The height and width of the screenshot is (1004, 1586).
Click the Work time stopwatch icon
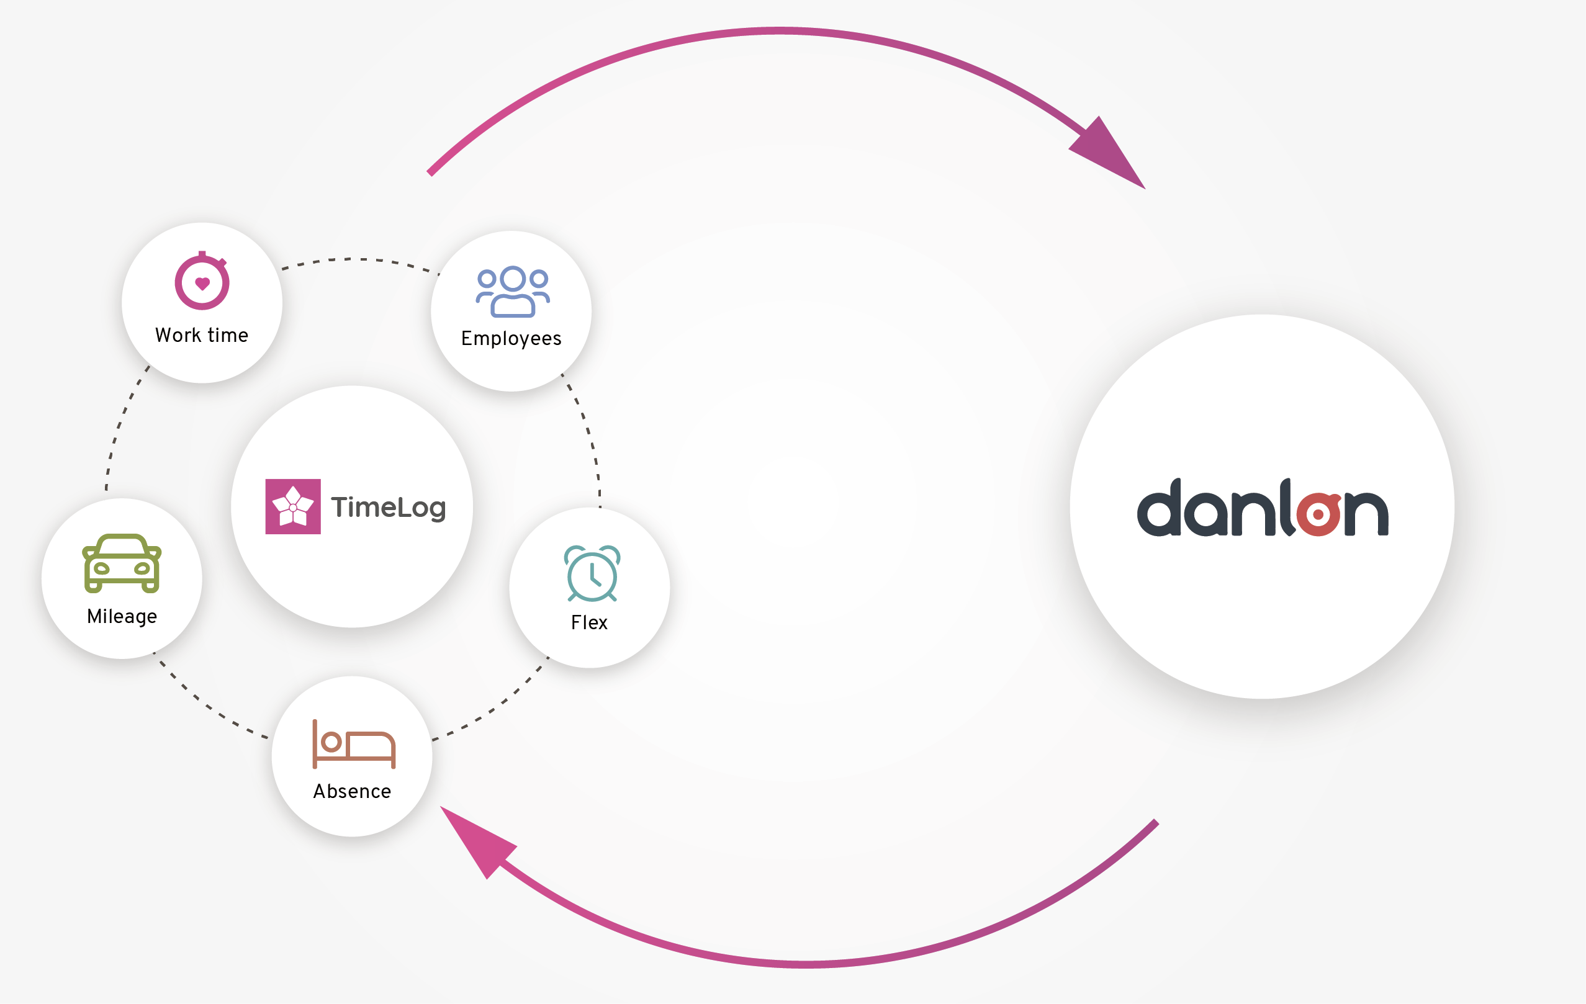click(202, 281)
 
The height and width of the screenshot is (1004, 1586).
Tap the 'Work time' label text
click(202, 335)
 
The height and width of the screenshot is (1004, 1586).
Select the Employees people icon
click(512, 292)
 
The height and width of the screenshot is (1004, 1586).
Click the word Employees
click(511, 338)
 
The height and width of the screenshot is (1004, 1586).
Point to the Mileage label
click(122, 616)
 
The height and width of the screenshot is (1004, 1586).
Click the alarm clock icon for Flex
click(592, 573)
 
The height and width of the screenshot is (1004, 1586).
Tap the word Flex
click(590, 623)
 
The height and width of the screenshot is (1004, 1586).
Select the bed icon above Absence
click(354, 745)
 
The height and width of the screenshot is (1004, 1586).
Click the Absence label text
click(353, 791)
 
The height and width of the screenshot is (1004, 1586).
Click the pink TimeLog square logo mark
click(293, 506)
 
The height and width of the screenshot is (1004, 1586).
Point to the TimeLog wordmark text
click(389, 508)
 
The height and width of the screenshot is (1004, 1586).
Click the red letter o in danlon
click(1318, 514)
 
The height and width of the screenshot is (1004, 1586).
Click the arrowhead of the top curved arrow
click(1109, 154)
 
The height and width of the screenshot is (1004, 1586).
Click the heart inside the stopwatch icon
click(202, 284)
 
